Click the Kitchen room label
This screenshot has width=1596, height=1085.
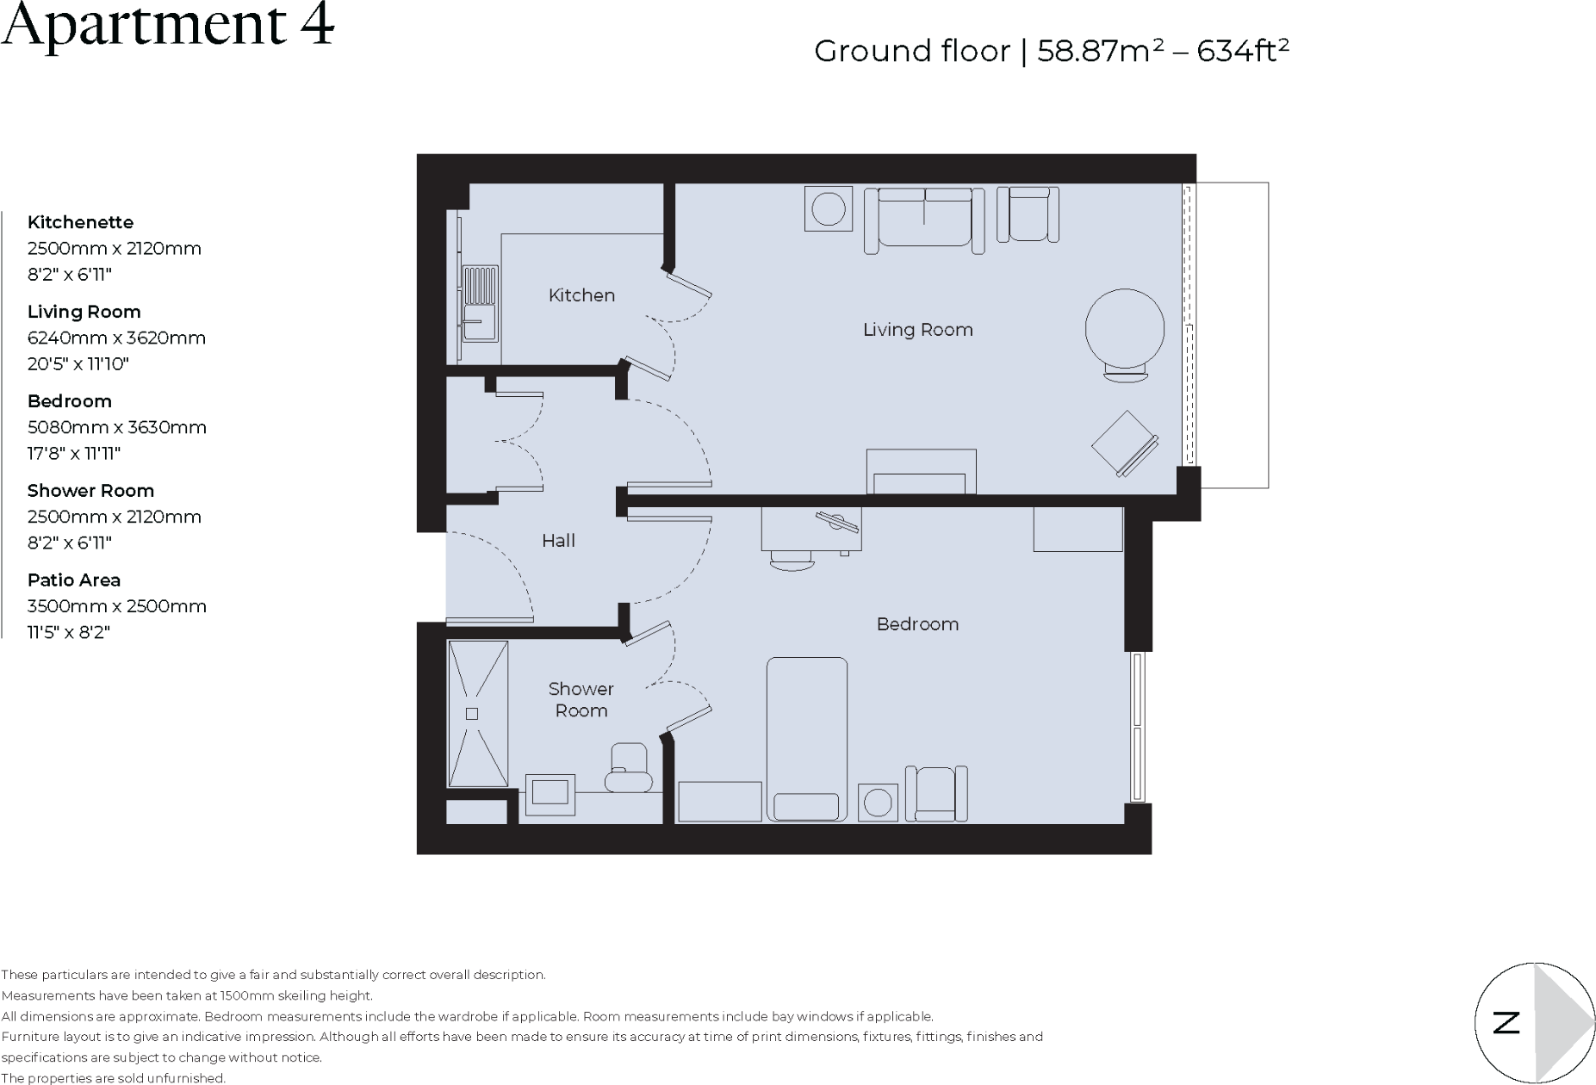point(581,295)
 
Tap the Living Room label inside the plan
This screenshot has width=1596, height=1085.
point(917,330)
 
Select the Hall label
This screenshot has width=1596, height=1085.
point(558,541)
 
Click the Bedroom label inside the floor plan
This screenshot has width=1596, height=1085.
point(917,624)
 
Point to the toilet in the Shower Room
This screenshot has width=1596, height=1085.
point(628,769)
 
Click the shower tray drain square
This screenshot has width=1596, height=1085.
point(472,713)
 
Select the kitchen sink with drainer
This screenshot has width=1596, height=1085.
point(480,303)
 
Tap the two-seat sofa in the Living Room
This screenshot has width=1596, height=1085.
point(924,219)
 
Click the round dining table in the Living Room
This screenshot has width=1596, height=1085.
point(1124,328)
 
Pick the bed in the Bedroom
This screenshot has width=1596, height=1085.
point(806,739)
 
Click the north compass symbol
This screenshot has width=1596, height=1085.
point(1534,1022)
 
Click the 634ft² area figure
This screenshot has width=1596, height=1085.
point(1242,52)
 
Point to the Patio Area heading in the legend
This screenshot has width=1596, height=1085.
point(74,580)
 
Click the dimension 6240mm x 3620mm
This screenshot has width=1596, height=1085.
point(116,338)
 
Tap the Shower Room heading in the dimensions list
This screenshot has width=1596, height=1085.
point(90,491)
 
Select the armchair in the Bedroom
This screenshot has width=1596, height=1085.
point(936,793)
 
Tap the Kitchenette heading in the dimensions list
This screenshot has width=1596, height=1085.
point(80,222)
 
